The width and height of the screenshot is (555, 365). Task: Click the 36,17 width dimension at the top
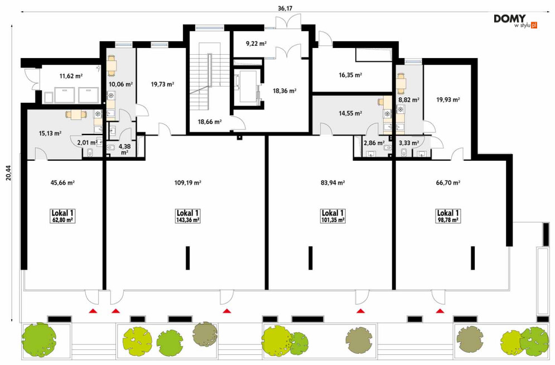[x=285, y=8]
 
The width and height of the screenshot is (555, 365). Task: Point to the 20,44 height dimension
[x=8, y=173]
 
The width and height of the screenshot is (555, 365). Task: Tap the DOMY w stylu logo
[x=515, y=21]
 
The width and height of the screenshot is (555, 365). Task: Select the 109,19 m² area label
[x=187, y=182]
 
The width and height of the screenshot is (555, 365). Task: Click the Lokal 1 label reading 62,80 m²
[x=62, y=216]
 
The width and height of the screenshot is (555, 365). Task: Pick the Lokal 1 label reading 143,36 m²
[x=187, y=216]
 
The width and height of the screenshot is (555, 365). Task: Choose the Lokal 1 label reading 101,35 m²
[x=332, y=216]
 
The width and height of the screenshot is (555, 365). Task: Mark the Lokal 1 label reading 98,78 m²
[x=448, y=216]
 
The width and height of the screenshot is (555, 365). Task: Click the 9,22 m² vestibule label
[x=256, y=44]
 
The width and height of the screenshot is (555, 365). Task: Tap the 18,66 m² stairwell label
[x=210, y=122]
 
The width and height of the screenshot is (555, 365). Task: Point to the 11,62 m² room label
[x=71, y=76]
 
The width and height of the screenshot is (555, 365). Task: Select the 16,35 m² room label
[x=350, y=75]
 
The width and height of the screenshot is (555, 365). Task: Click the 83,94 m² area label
[x=332, y=182]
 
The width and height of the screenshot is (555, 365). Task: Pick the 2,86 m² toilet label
[x=374, y=143]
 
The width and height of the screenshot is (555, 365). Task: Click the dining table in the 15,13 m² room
[x=76, y=114]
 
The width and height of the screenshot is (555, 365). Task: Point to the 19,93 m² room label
[x=448, y=100]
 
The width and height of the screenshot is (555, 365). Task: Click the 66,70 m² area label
[x=448, y=182]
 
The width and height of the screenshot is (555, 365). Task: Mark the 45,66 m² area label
[x=62, y=182]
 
